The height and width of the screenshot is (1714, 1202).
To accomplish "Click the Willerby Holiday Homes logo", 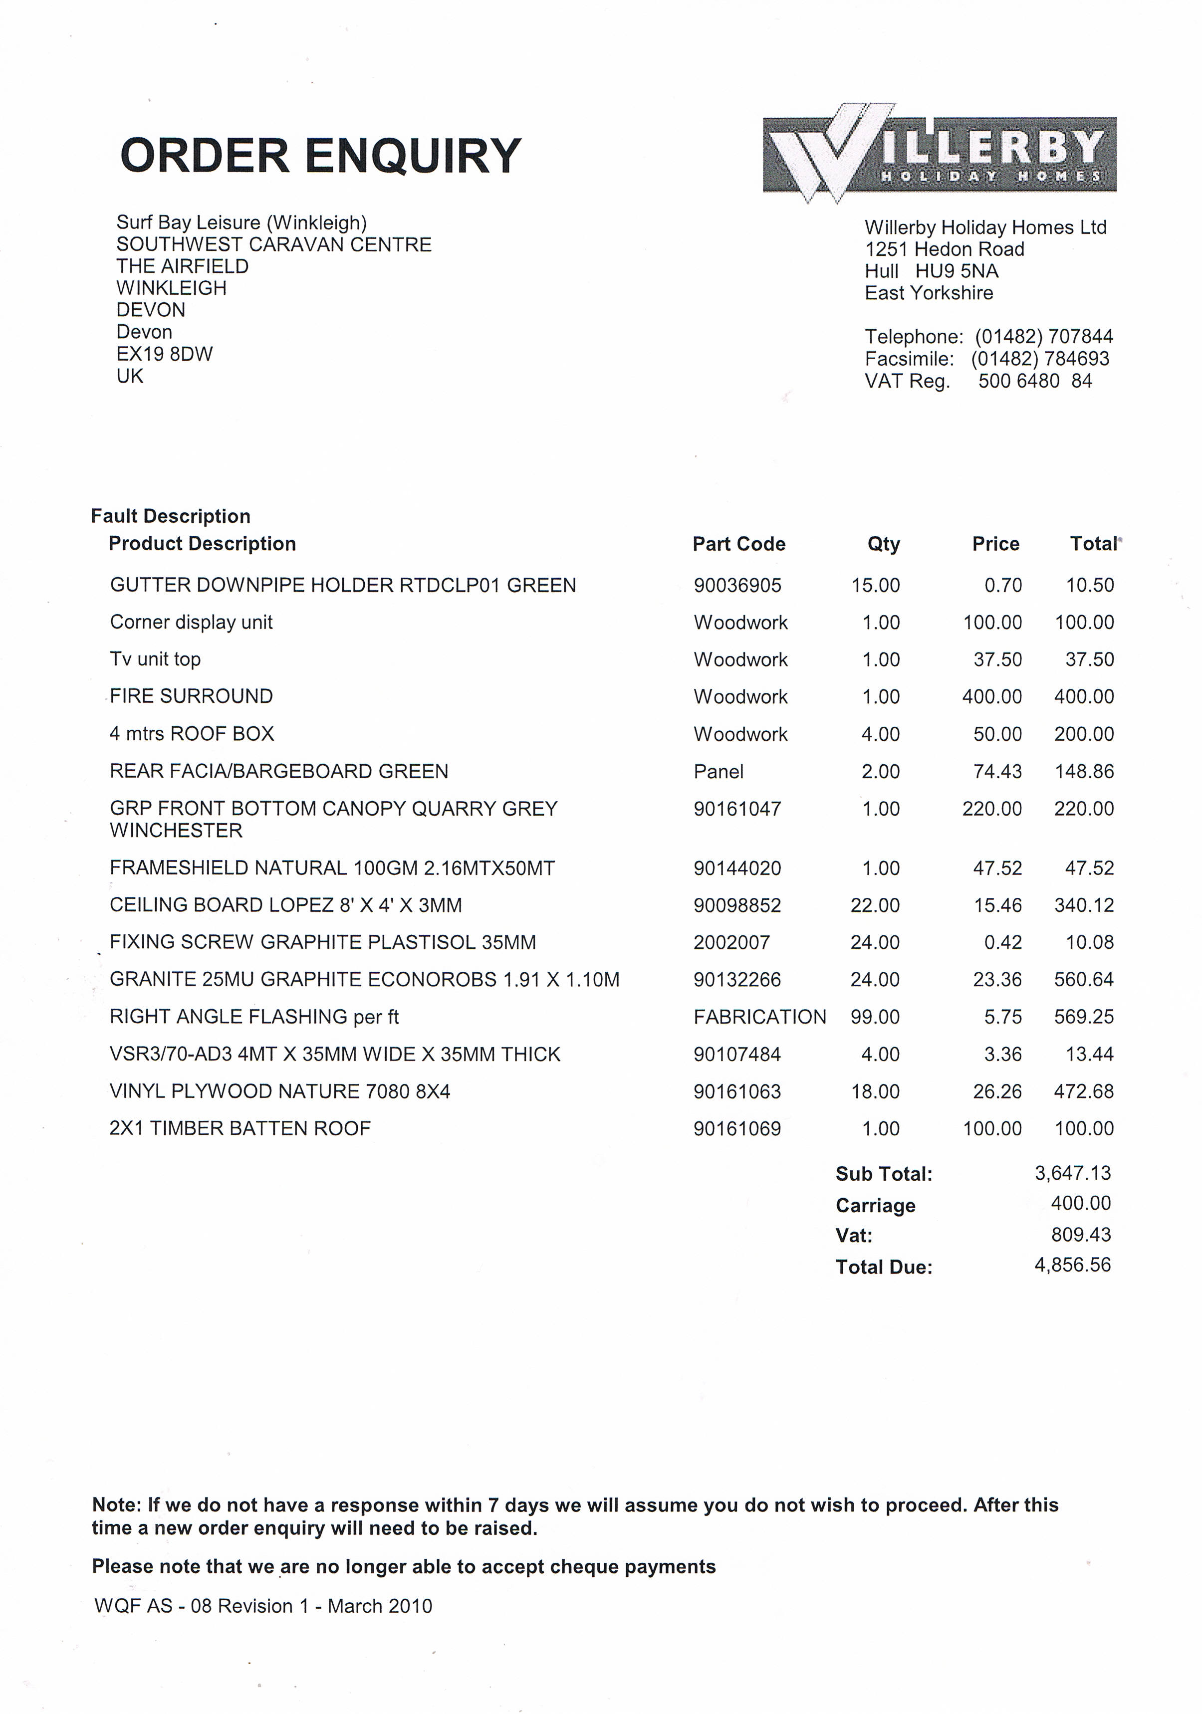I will pos(939,154).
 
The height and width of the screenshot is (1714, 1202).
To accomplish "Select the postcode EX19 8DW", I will pos(164,354).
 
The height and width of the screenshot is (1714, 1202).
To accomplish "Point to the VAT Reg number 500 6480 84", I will pos(1035,381).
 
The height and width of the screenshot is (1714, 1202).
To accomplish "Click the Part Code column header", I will pos(738,543).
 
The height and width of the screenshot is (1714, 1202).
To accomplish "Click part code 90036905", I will pos(737,585).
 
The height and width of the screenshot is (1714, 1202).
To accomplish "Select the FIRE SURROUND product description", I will pos(191,696).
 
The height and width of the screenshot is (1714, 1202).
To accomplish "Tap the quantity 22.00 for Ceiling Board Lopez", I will pos(875,905).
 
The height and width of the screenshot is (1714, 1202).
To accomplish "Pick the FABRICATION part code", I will pos(759,1017).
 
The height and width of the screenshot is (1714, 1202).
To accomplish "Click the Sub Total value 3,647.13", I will pos(1072,1173).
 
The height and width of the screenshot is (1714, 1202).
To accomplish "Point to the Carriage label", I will pos(875,1205).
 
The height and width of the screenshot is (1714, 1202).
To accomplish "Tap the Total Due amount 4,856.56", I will pos(1072,1265).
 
